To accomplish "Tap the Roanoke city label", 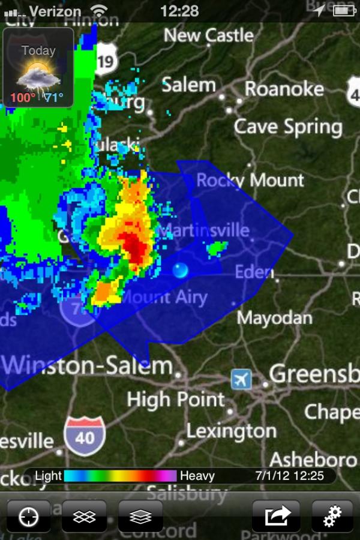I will click(x=284, y=89).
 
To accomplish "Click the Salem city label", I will click(x=188, y=85).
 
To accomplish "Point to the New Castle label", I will click(x=209, y=35).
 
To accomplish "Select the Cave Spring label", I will click(x=288, y=127).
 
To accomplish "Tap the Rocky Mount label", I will click(x=250, y=179).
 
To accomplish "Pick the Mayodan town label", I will click(x=275, y=317).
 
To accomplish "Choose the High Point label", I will click(x=176, y=399).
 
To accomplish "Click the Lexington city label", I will click(x=231, y=431).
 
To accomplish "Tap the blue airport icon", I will click(x=241, y=379).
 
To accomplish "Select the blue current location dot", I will click(x=180, y=271).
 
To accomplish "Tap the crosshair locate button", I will click(x=29, y=517).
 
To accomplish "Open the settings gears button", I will click(x=332, y=517).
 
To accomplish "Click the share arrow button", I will click(x=275, y=517).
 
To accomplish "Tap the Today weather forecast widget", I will click(x=39, y=68).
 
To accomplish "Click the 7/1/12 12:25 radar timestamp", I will click(x=289, y=476).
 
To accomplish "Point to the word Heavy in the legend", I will click(x=197, y=476).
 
